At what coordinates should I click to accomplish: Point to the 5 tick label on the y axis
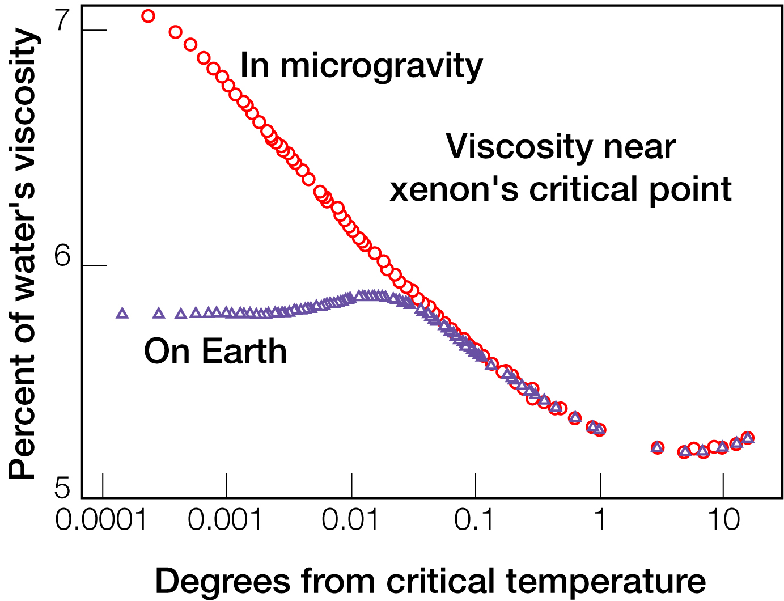coord(62,488)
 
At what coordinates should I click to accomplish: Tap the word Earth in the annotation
coord(244,352)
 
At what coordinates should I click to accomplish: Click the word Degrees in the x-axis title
coord(222,582)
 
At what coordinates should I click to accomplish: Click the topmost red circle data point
coord(148,16)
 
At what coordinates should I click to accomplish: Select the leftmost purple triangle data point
coord(122,314)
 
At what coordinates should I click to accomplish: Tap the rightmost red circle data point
coord(748,437)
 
